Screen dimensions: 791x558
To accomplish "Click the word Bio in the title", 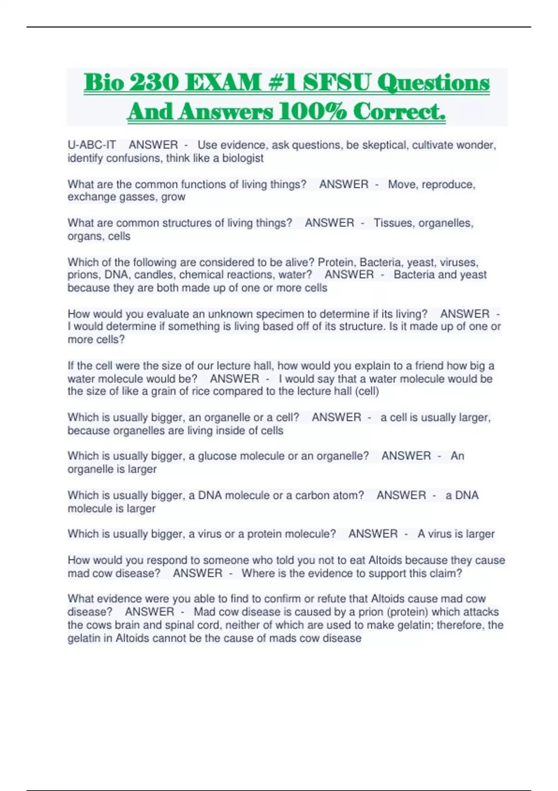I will (x=104, y=83).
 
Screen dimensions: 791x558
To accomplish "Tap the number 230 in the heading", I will (x=154, y=83).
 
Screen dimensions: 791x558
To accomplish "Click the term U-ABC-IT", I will (x=92, y=145).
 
